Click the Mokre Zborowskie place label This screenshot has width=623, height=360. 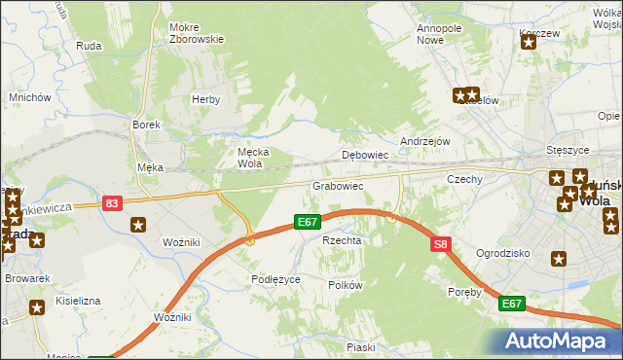pyautogui.click(x=197, y=33)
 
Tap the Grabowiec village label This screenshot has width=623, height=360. pyautogui.click(x=338, y=185)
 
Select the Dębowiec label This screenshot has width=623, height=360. pyautogui.click(x=366, y=155)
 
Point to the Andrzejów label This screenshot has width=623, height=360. pyautogui.click(x=425, y=141)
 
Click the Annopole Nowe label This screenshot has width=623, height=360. pyautogui.click(x=439, y=34)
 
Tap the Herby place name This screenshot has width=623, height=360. pyautogui.click(x=205, y=99)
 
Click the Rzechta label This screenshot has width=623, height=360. pyautogui.click(x=342, y=240)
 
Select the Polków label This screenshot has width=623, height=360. pyautogui.click(x=346, y=285)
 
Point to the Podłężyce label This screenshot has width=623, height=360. pyautogui.click(x=275, y=279)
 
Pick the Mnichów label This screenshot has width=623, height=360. pyautogui.click(x=29, y=97)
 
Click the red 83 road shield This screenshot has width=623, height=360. pyautogui.click(x=112, y=202)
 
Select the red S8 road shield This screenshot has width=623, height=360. pyautogui.click(x=441, y=245)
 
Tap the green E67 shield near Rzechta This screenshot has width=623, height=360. pyautogui.click(x=309, y=223)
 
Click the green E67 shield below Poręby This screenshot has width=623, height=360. pyautogui.click(x=512, y=305)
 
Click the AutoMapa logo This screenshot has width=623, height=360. pyautogui.click(x=558, y=340)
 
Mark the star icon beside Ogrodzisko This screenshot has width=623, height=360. pyautogui.click(x=559, y=259)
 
